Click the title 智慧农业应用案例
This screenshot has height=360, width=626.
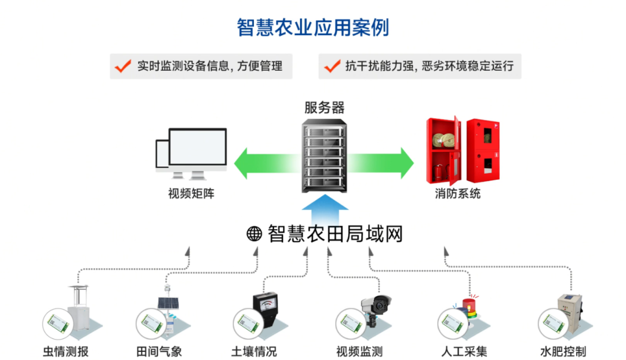[312, 27]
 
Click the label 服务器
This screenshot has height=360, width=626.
[324, 107]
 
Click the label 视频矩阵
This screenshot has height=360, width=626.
[191, 194]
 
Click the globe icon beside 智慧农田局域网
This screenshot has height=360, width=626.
[254, 234]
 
